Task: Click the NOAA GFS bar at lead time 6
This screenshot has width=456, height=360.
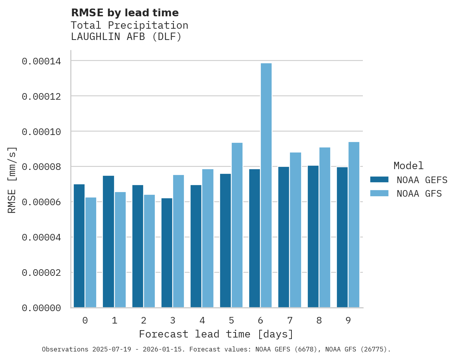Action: pos(266,185)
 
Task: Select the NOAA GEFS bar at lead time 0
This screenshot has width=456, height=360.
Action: pos(79,246)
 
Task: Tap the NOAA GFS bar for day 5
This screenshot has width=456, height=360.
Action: pos(237,225)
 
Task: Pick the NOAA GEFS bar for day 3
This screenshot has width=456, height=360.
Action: pos(167,253)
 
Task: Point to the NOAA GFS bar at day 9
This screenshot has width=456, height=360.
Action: pos(354,225)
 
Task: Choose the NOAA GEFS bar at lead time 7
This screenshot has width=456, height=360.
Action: pos(284,237)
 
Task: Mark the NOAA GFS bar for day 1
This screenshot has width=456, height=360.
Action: pos(120,250)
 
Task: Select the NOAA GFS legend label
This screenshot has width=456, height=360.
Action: pos(419,193)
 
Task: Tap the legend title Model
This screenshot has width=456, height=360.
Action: pos(408,166)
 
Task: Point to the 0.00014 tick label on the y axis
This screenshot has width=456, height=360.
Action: pos(41,61)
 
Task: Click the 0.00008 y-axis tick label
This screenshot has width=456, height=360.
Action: pos(41,167)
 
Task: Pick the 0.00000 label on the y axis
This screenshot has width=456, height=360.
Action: pos(41,308)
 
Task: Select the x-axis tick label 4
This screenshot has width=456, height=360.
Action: pos(202,321)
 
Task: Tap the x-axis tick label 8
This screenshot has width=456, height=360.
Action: pos(319,321)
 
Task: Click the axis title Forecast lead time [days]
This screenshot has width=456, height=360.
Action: pos(216,334)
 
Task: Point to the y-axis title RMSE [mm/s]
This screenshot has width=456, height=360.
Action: pos(12,180)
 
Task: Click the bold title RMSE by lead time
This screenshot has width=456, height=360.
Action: pos(125,13)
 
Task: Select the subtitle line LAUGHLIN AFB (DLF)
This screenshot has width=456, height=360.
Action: pos(126,37)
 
